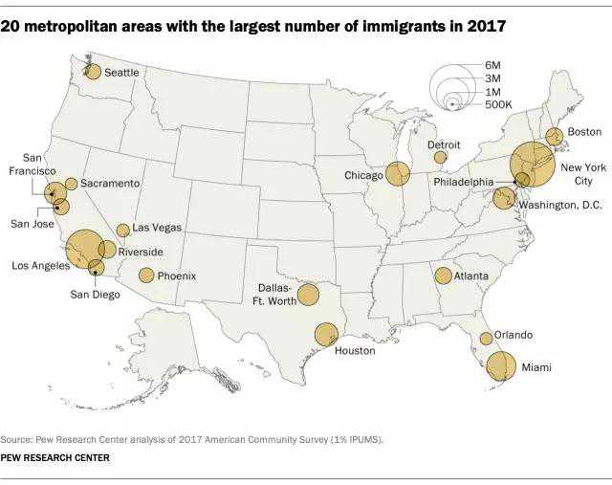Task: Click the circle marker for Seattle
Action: tap(93, 71)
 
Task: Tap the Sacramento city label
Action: tap(110, 183)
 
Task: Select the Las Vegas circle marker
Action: tap(122, 231)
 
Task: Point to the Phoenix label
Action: tap(177, 276)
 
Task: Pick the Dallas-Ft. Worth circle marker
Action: tap(308, 295)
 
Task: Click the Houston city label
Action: tap(355, 351)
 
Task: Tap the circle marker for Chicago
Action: tap(398, 174)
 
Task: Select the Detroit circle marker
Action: tap(440, 157)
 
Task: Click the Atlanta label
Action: tap(470, 276)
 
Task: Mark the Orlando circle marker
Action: tap(486, 338)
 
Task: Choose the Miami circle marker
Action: tap(500, 365)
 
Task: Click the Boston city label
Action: tap(584, 131)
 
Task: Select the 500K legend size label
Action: tap(498, 103)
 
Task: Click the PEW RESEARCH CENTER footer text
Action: tap(55, 458)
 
